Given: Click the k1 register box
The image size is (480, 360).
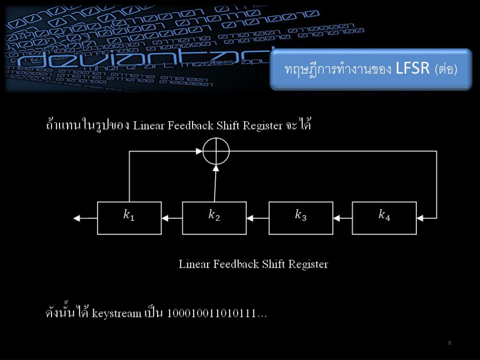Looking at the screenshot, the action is click(x=129, y=217).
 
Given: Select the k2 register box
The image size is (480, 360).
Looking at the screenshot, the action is click(x=214, y=217).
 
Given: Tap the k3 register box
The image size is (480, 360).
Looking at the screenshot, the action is click(x=300, y=217).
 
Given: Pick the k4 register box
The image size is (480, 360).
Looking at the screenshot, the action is click(x=384, y=217).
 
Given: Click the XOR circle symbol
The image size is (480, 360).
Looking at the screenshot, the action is click(x=216, y=151).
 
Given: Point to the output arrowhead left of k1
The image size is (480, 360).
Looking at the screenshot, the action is click(x=78, y=218).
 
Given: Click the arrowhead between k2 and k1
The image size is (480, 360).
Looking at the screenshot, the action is click(x=165, y=218).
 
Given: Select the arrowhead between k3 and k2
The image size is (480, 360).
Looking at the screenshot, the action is click(x=250, y=218).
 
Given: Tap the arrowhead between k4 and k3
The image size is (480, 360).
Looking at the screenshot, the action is click(x=337, y=218).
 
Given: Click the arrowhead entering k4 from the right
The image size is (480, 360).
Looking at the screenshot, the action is click(x=420, y=218).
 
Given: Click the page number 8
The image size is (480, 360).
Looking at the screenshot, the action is click(x=450, y=343).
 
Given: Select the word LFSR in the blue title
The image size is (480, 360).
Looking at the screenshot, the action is click(x=412, y=69).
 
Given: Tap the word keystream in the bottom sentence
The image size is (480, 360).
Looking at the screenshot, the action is click(x=116, y=313).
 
